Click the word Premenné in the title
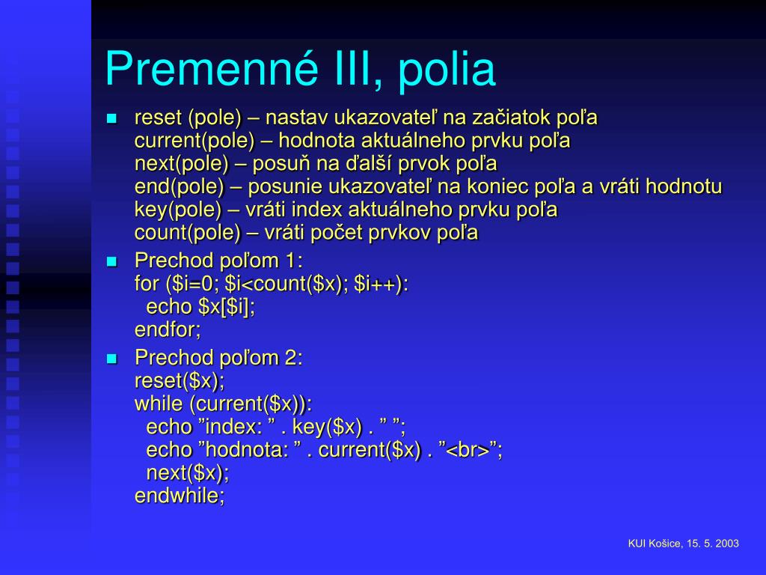tap(212, 69)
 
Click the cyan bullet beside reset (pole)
tap(112, 118)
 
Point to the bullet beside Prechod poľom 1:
tap(112, 261)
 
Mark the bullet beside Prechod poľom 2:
tap(112, 359)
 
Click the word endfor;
tap(168, 330)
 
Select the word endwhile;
tap(180, 496)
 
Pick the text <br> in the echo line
tap(468, 450)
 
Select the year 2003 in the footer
tap(727, 544)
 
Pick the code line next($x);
tap(188, 473)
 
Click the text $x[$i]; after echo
tap(227, 308)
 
